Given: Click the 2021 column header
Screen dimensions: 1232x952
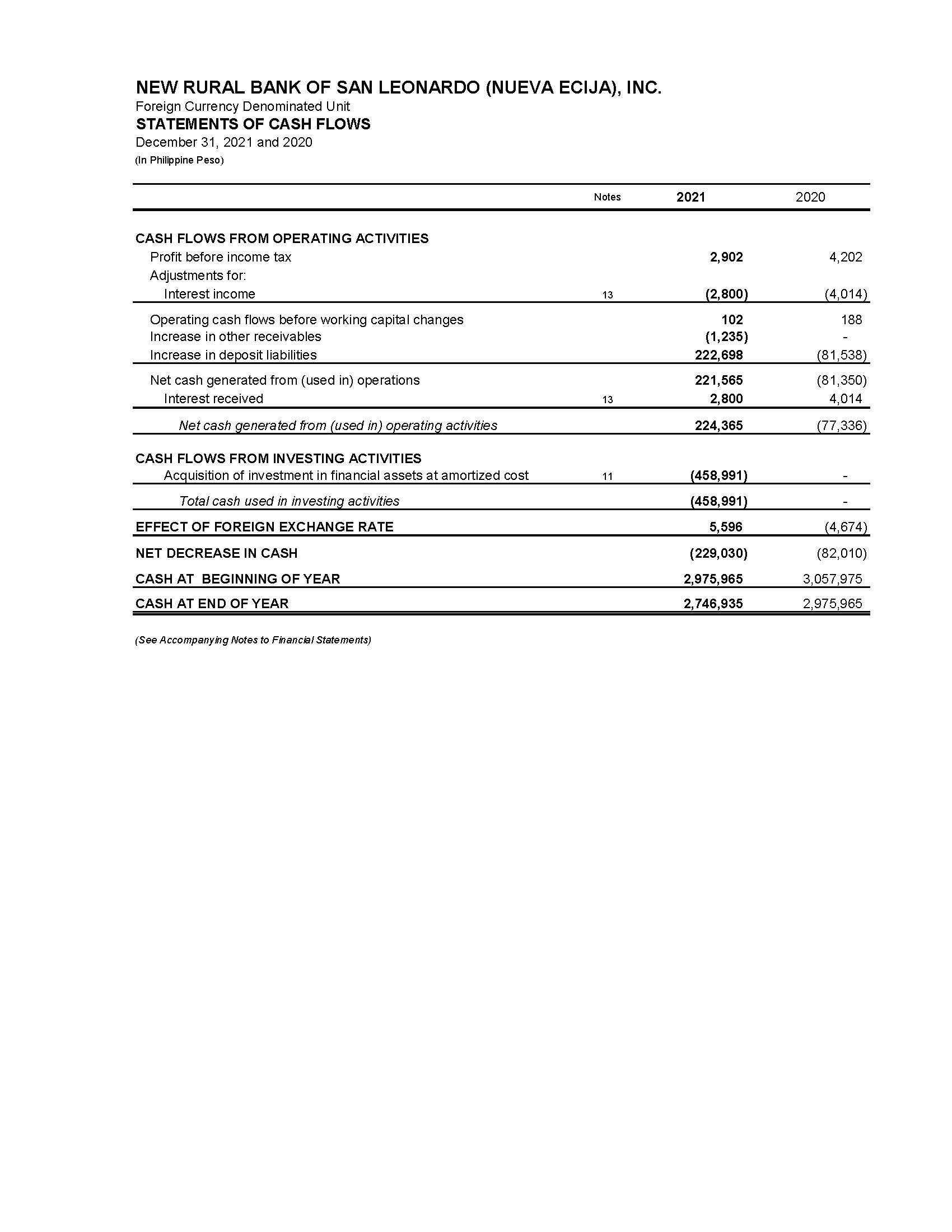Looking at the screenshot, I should tap(690, 197).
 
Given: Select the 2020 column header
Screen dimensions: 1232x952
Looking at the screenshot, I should tap(810, 197).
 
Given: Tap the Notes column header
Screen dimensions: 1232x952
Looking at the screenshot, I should tap(607, 197).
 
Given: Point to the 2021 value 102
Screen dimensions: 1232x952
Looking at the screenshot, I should tap(731, 320).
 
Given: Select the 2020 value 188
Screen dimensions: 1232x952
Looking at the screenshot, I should tap(851, 320).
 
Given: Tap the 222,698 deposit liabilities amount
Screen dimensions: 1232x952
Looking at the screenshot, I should tap(718, 355).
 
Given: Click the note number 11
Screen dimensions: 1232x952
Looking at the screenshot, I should tap(607, 476).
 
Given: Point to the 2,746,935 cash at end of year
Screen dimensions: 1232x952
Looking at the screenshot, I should tap(713, 604).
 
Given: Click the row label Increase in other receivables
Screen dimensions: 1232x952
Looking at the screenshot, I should tap(235, 337).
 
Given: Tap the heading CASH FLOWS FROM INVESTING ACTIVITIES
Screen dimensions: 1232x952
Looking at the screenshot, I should tap(278, 458).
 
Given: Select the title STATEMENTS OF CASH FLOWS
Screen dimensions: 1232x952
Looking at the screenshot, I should tap(253, 124).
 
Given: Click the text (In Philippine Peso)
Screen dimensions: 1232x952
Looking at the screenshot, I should tap(179, 160).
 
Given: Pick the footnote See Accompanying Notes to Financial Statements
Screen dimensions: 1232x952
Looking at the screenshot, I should tap(253, 640).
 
